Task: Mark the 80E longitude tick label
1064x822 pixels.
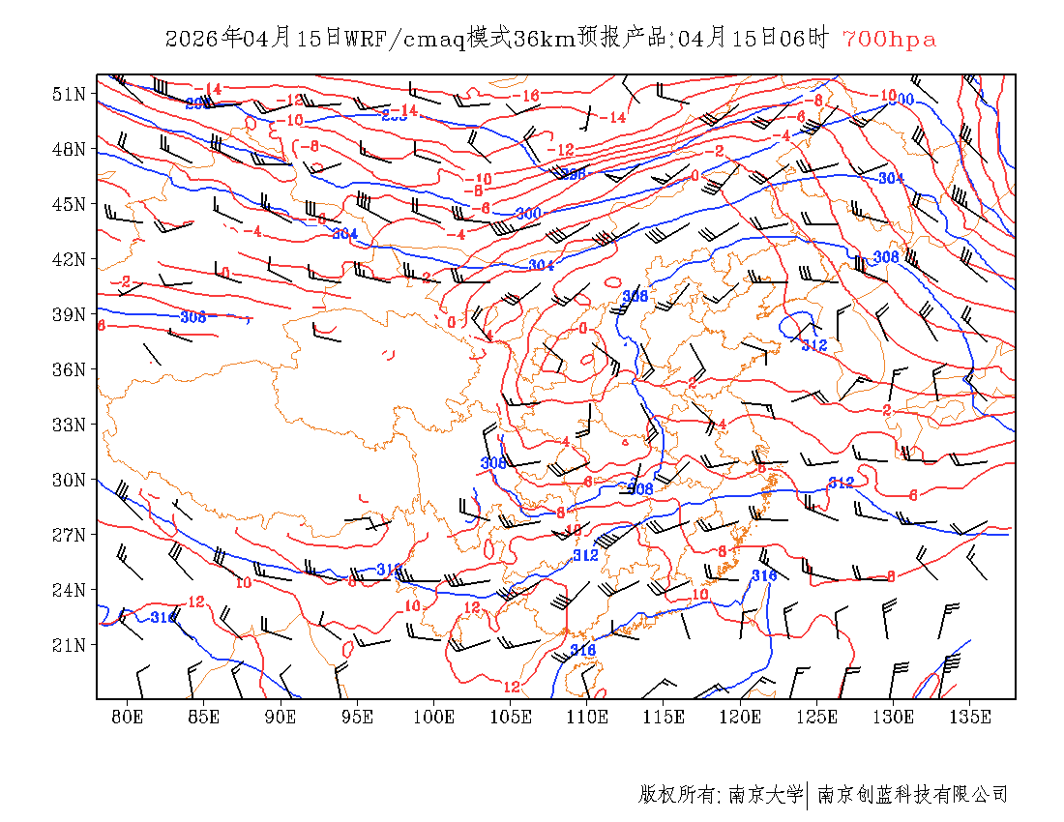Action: click(128, 717)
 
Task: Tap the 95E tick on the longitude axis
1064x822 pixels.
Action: click(358, 717)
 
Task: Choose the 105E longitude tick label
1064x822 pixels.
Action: click(511, 717)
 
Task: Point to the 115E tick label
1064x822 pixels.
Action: click(664, 717)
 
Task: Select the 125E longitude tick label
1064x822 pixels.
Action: click(817, 717)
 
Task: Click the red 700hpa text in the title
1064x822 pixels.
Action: click(889, 40)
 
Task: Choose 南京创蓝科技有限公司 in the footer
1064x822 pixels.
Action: click(913, 795)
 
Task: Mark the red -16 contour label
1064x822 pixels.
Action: click(527, 96)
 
